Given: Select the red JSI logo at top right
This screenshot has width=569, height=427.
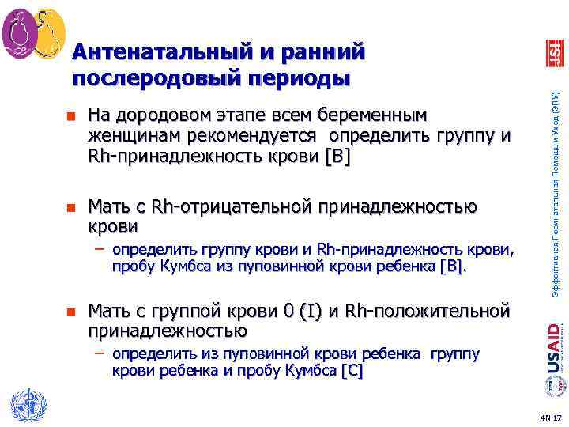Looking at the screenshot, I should click(x=555, y=53).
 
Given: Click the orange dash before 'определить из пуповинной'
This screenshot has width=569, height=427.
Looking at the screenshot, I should click(x=101, y=352).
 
